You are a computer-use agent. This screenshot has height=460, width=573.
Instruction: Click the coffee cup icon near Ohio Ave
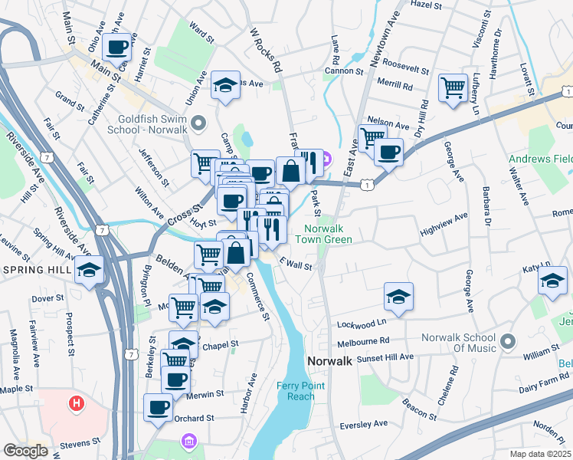pyautogui.click(x=117, y=48)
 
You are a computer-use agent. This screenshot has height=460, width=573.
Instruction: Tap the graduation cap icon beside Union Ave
pyautogui.click(x=226, y=86)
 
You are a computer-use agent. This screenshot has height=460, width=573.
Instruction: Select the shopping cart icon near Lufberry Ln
pyautogui.click(x=453, y=88)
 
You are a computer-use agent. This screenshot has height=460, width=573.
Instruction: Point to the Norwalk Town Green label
pyautogui.click(x=328, y=235)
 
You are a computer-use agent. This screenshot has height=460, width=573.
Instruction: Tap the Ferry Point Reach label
pyautogui.click(x=301, y=391)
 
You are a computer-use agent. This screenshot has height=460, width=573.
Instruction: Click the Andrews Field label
pyautogui.click(x=541, y=159)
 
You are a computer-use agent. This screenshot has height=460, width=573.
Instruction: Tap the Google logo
pyautogui.click(x=25, y=451)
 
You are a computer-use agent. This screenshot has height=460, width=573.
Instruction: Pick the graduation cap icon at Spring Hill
pyautogui.click(x=90, y=271)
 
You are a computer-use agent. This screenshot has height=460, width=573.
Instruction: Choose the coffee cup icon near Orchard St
pyautogui.click(x=159, y=408)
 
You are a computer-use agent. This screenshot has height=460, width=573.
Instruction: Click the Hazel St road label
pyautogui.click(x=427, y=5)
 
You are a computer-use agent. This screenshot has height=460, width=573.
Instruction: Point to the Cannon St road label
pyautogui.click(x=344, y=71)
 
